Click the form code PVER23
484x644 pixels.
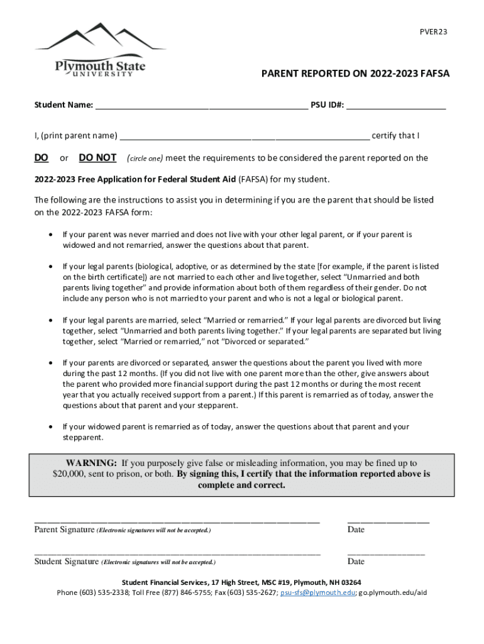coord(434,32)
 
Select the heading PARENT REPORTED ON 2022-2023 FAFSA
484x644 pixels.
coord(355,74)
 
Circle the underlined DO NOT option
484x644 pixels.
coord(97,158)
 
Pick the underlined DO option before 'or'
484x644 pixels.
coord(41,158)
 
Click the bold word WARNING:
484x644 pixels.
coord(91,463)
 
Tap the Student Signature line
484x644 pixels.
coord(177,553)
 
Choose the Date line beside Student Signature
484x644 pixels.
coord(386,553)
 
